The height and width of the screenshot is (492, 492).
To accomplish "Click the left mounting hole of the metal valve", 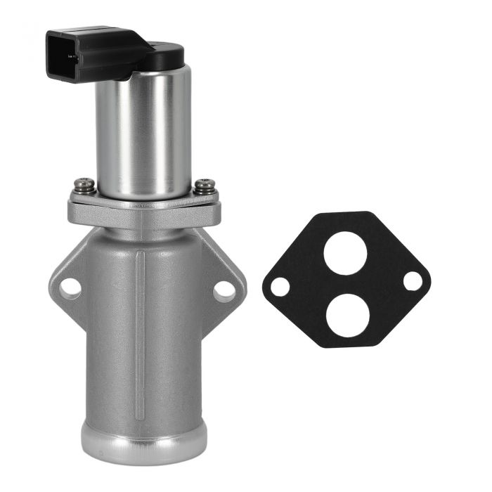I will [x=70, y=287].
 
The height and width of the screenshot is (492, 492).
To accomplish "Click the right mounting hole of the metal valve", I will [x=224, y=288].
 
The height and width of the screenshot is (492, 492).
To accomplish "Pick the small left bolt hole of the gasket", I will [x=280, y=287].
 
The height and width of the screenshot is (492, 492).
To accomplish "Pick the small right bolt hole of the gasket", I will [x=413, y=281].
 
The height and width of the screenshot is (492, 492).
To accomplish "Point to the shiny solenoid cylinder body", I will [x=144, y=134].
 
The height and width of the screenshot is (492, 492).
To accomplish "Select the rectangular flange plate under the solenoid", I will [x=144, y=211].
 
